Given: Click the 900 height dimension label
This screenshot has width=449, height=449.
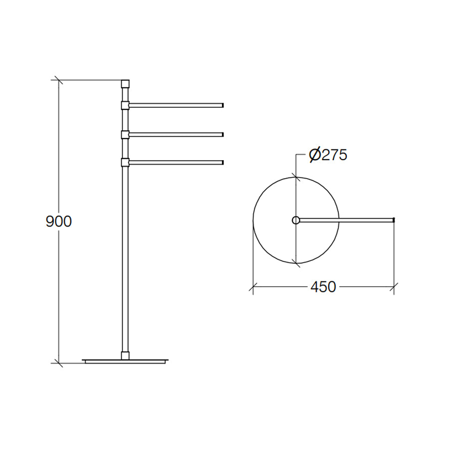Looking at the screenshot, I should click(x=59, y=221).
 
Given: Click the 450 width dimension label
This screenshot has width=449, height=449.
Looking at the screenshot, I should click(x=323, y=287).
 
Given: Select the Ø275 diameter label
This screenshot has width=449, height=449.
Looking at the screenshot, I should click(x=328, y=155).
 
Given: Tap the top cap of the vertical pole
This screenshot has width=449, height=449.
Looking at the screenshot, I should click(x=125, y=83).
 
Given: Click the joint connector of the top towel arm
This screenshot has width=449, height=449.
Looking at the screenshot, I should click(x=125, y=105).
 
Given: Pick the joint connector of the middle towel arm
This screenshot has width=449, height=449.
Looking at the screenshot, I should click(x=125, y=134).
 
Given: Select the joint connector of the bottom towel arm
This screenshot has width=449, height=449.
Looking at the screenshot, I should click(x=125, y=162).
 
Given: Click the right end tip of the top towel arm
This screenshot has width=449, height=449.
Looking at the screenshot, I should click(x=223, y=105).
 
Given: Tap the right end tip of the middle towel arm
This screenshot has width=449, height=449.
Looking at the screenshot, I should click(x=223, y=134).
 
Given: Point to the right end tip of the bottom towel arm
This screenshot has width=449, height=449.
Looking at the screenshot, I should click(x=223, y=162).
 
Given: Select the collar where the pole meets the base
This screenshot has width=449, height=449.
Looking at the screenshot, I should click(x=125, y=355).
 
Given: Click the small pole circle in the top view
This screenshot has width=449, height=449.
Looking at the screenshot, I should click(x=296, y=220).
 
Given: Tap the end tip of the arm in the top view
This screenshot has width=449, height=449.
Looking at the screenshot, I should click(x=394, y=220).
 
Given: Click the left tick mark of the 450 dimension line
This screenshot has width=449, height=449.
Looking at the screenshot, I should click(x=253, y=287).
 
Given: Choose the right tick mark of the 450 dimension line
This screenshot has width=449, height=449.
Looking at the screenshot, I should click(x=394, y=287).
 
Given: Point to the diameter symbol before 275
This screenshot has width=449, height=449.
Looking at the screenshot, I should click(x=314, y=155).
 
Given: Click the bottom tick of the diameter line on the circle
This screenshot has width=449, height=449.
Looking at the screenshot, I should click(x=296, y=262).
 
